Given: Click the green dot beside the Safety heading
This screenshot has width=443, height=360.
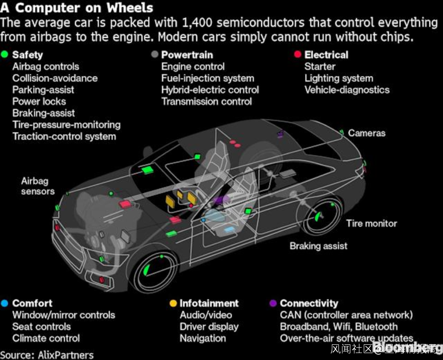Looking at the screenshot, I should (5, 55).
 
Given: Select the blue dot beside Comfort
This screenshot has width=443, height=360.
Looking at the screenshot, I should (5, 303).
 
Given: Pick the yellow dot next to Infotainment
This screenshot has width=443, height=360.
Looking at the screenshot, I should (173, 303).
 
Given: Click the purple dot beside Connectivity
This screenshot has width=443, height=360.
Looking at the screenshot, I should (273, 303).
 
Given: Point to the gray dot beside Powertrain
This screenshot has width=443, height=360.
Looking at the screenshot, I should (155, 55).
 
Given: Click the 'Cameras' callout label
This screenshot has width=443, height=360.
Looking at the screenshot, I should (367, 133).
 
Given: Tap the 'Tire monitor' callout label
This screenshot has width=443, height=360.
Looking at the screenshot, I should (372, 224).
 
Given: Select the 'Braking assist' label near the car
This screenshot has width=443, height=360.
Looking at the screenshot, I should (318, 246).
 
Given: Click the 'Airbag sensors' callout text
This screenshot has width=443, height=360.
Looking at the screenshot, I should (38, 186).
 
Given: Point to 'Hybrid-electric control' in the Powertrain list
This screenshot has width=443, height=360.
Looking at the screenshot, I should (210, 90).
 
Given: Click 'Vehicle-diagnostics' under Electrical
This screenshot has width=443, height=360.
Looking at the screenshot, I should (347, 90).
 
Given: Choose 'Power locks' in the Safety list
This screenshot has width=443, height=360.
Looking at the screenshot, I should (39, 101).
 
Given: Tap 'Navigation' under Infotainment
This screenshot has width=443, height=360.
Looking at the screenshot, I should (203, 338).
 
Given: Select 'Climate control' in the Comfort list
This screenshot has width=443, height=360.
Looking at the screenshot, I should (46, 338).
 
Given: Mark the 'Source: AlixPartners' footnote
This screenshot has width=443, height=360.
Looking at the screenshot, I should (47, 355).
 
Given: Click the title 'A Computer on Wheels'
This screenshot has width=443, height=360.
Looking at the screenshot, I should (77, 7).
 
